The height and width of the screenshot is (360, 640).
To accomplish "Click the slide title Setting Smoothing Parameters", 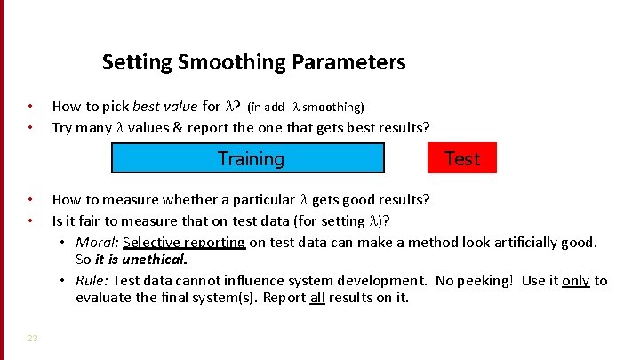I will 253,62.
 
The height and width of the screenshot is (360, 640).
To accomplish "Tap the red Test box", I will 461,158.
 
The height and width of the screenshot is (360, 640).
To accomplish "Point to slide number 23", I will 32,338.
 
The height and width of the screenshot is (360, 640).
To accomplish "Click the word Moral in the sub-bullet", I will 93,243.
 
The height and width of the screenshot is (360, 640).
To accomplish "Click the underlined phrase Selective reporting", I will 184,243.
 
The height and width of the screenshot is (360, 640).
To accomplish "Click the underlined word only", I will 575,281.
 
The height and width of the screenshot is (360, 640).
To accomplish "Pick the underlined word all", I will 316,298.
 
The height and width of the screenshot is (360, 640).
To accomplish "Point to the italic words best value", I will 165,107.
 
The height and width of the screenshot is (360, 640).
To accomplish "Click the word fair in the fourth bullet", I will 93,221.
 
